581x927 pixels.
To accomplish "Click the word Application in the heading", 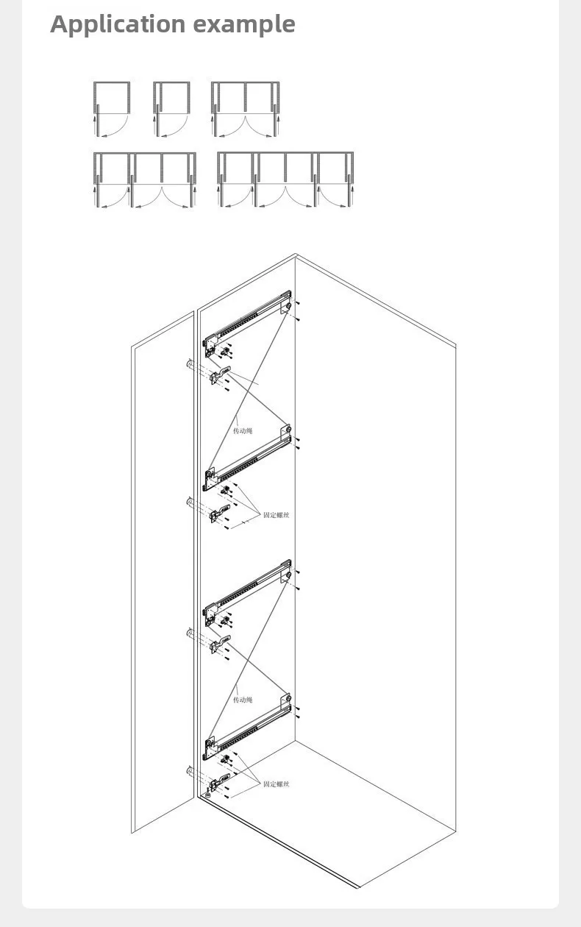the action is (118, 24).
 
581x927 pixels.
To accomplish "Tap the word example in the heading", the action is (244, 24).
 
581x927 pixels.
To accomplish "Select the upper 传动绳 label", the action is (243, 431).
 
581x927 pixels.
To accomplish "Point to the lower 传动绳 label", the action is (243, 700).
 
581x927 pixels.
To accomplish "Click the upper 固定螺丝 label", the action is (277, 515).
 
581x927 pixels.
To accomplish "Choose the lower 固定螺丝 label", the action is (277, 784).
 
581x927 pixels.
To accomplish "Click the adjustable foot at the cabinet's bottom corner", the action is (207, 793).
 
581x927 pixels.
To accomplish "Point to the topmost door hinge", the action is (220, 375).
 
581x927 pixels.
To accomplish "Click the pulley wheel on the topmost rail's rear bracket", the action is (288, 306).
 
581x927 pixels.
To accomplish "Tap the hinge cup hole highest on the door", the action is (189, 364).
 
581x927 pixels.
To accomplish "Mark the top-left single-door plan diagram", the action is (112, 109).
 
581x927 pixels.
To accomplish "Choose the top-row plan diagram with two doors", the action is (246, 109).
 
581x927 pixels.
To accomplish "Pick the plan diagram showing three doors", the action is (144, 180).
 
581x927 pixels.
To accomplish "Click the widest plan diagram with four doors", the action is (285, 180).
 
